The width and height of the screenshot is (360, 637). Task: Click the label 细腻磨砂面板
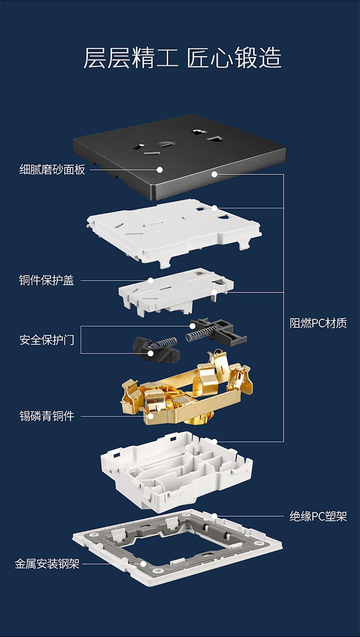pyautogui.click(x=52, y=169)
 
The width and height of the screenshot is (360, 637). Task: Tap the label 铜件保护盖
pyautogui.click(x=47, y=280)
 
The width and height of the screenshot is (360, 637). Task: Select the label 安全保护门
pyautogui.click(x=47, y=340)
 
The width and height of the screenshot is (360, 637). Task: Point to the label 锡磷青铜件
pyautogui.click(x=47, y=416)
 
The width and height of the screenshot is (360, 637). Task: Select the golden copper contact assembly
pyautogui.click(x=187, y=394)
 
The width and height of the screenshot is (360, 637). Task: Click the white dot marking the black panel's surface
pyautogui.click(x=159, y=169)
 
